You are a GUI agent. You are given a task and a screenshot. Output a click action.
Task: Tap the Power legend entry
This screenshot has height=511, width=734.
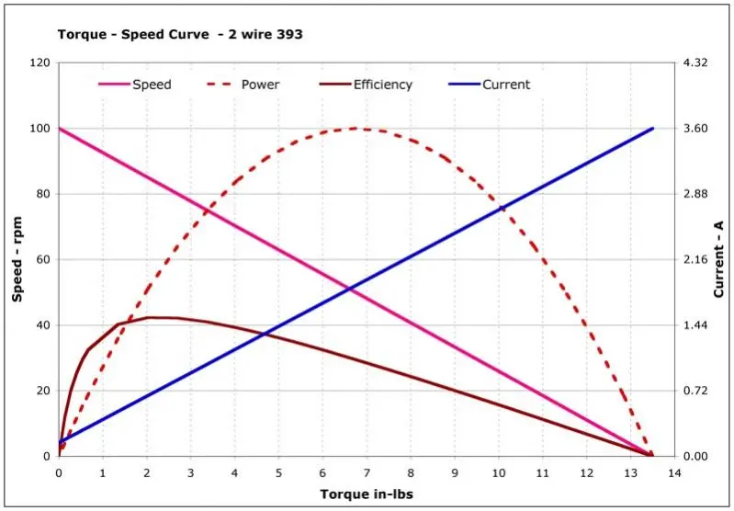(x=260, y=85)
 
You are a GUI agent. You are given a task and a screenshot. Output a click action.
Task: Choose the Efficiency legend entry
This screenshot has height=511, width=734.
(x=382, y=85)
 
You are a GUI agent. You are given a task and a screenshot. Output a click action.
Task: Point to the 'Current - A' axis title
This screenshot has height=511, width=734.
(x=718, y=259)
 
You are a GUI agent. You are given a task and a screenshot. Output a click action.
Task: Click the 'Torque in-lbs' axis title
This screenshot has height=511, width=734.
(x=367, y=494)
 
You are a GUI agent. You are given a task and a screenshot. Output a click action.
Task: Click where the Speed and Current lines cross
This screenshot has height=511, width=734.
(x=349, y=290)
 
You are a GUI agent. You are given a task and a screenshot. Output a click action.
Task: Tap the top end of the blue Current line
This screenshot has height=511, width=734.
(x=652, y=129)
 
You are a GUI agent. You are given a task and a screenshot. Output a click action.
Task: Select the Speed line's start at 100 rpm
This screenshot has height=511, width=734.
(x=60, y=129)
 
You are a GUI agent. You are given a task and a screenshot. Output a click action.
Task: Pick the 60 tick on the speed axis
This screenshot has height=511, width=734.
(x=40, y=260)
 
